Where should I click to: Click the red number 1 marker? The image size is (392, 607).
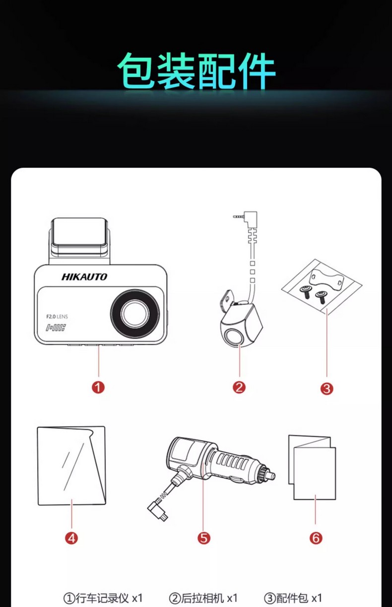98,387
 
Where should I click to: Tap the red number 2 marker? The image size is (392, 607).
239,387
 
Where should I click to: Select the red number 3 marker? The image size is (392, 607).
327,389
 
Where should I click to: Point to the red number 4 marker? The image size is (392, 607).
72,538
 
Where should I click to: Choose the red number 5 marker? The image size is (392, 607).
204,538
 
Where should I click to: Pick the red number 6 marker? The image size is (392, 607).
316,538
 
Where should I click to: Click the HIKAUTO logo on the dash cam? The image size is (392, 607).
84,276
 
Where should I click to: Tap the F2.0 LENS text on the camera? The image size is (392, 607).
57,317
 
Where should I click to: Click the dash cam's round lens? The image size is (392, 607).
134,313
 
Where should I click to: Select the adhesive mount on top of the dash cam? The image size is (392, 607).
79,237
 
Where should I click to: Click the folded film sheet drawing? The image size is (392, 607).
71,466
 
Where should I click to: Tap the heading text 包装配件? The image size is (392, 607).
196,70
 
